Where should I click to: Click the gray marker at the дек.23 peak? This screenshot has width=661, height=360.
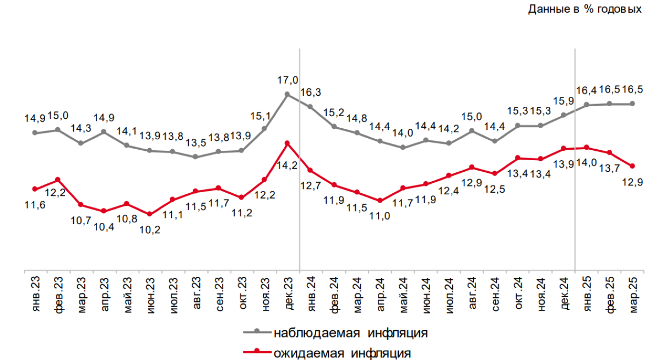[x=287, y=94]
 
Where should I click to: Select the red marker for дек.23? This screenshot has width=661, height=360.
[x=287, y=143]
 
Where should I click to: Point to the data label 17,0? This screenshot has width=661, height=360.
[x=288, y=80]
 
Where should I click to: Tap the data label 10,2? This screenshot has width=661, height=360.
[x=150, y=230]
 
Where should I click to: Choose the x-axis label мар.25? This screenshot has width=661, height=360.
[x=632, y=296]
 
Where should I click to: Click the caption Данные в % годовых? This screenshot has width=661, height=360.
[x=584, y=9]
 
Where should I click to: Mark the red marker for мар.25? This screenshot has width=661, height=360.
[x=632, y=166]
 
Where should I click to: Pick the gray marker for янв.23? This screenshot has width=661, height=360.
[x=35, y=133]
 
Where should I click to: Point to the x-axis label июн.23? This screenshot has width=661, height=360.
[x=150, y=296]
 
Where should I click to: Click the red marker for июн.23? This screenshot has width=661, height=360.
[x=150, y=214]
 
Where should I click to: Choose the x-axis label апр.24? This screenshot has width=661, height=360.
[x=380, y=296]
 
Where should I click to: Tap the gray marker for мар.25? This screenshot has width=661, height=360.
[x=632, y=103]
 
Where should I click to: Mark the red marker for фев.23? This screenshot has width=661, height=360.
[x=58, y=179]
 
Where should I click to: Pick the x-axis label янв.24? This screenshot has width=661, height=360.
[x=311, y=296]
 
